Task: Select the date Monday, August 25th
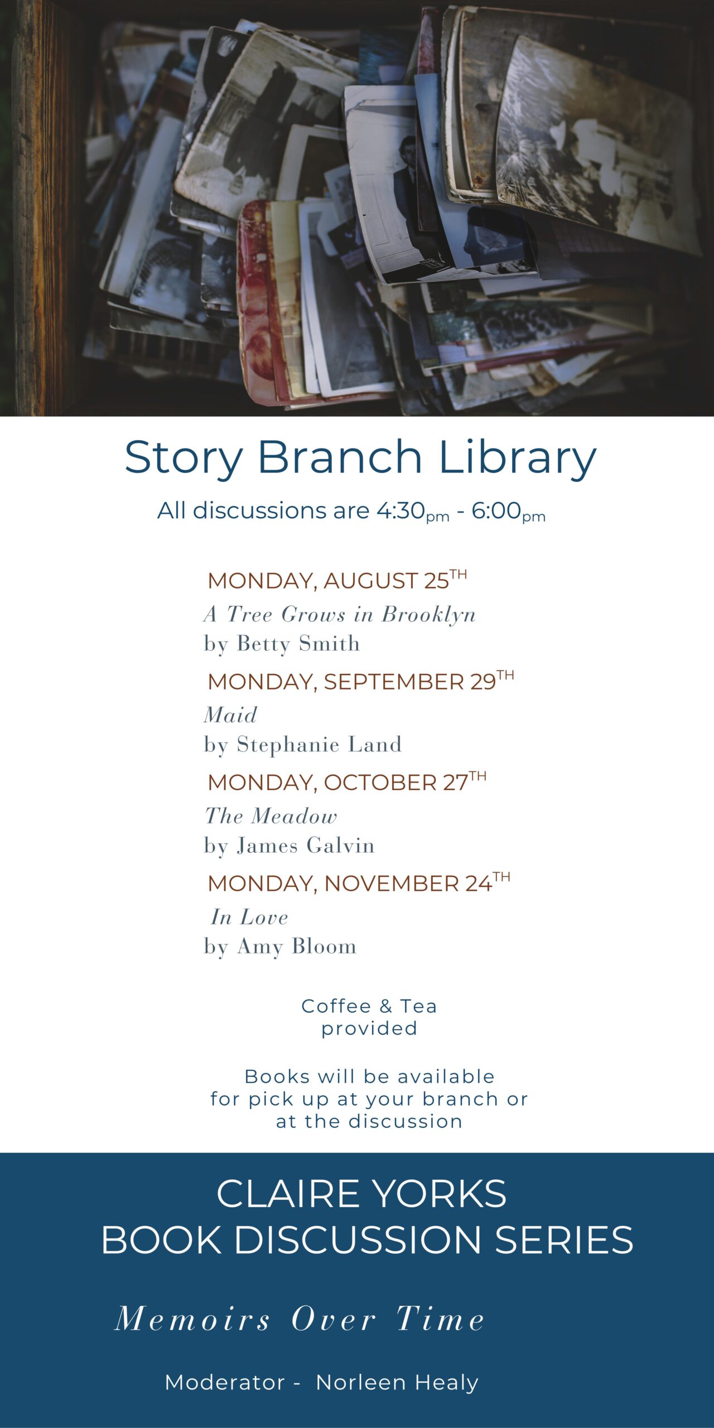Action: tap(337, 580)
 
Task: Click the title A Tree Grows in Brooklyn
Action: tap(340, 614)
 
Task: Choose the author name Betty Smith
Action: tap(298, 644)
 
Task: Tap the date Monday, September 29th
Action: tap(361, 681)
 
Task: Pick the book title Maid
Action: tap(230, 715)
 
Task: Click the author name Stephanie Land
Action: tap(319, 744)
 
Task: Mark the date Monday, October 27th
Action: tap(347, 782)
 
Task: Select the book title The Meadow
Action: tap(271, 816)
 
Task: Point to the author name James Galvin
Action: tap(306, 845)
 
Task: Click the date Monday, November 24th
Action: tap(359, 883)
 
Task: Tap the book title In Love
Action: tap(249, 917)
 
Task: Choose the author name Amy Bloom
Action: tap(297, 947)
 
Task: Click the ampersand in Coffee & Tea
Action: tap(385, 1006)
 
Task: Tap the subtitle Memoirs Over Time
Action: tap(300, 1319)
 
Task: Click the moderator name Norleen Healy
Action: tap(397, 1382)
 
